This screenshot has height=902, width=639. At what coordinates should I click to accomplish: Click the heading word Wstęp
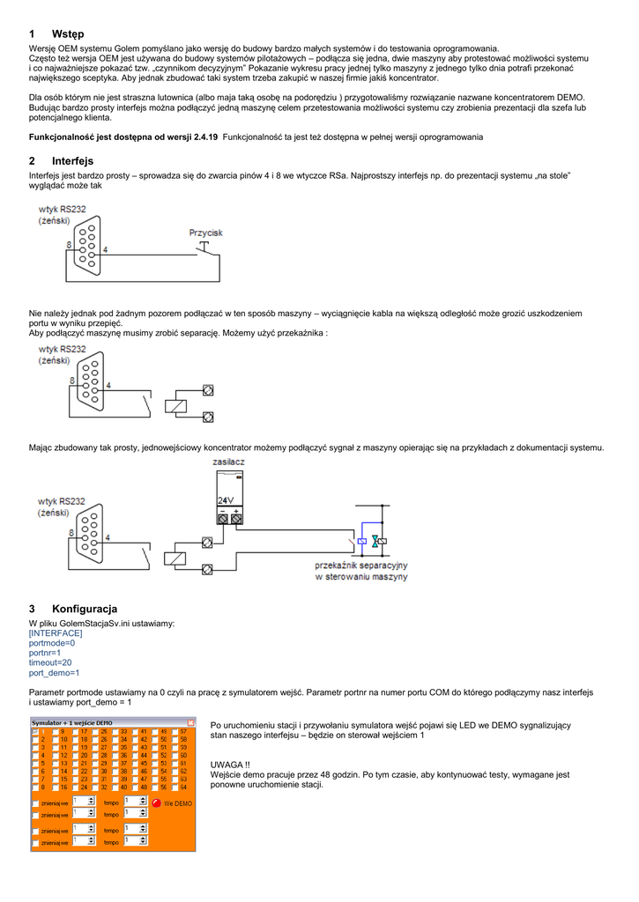(x=67, y=34)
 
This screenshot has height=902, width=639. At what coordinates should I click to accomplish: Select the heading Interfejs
(x=72, y=161)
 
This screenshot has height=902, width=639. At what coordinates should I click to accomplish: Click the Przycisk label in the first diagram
(x=206, y=233)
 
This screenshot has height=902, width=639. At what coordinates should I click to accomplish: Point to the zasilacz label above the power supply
(x=229, y=462)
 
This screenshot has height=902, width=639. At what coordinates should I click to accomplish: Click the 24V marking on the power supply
(x=226, y=501)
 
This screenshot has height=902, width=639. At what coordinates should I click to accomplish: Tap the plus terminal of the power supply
(x=236, y=520)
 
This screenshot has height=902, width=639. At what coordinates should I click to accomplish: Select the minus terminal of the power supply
(x=223, y=520)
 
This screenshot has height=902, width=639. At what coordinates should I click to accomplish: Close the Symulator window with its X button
(x=190, y=722)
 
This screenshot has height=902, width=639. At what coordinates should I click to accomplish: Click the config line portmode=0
(x=52, y=643)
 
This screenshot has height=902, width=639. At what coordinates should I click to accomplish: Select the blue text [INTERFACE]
(x=56, y=633)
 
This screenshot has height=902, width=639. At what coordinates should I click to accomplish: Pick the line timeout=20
(x=50, y=662)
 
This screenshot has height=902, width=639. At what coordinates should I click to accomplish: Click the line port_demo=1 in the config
(x=55, y=672)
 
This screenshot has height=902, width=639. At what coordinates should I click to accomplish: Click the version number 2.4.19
(x=207, y=137)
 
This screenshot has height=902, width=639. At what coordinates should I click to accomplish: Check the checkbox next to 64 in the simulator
(x=174, y=787)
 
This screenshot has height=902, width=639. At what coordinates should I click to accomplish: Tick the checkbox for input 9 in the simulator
(x=55, y=732)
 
